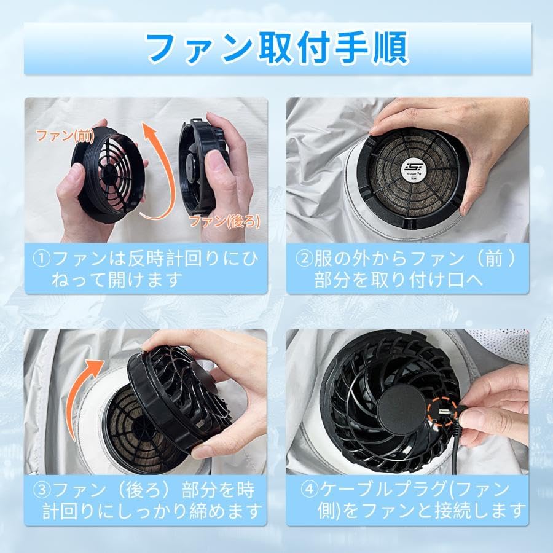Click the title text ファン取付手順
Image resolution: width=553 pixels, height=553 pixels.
click(x=276, y=47)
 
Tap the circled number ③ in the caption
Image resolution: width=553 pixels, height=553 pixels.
click(x=43, y=490)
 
